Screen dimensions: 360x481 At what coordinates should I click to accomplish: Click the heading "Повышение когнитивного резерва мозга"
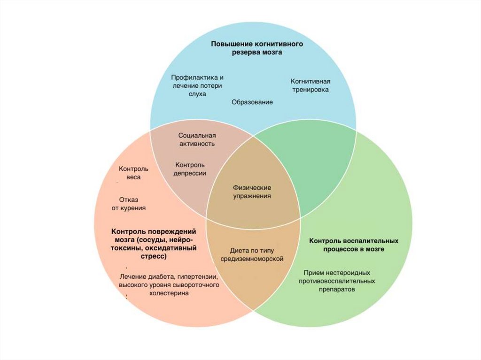point(256,48)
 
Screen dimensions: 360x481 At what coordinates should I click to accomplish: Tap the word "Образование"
point(252,102)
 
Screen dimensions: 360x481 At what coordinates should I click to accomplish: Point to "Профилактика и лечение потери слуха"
point(196,85)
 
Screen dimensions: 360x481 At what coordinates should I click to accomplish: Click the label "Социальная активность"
point(196,139)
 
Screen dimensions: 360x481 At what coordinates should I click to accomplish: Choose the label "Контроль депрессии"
point(190,169)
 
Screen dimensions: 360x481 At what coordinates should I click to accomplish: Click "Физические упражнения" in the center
point(252,192)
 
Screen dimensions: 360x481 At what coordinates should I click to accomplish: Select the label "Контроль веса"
point(133,173)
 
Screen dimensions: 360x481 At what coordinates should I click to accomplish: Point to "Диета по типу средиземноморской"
point(252,254)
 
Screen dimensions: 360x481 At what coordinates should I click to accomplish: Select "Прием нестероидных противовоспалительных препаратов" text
point(337,281)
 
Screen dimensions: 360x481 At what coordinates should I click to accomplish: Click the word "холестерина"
point(169,293)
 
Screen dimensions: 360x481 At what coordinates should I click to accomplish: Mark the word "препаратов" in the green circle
point(337,290)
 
